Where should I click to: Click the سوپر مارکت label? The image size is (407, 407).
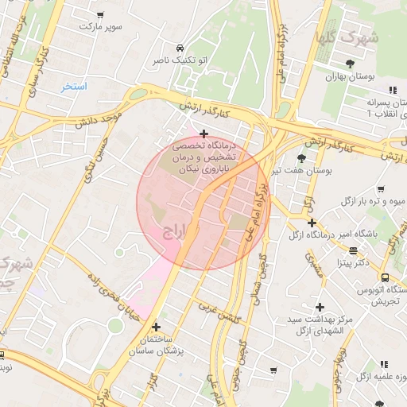[100, 26]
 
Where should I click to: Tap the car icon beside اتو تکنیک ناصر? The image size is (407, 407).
[181, 48]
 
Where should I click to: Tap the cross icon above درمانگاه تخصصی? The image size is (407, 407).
[204, 133]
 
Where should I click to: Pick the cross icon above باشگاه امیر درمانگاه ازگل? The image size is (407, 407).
[312, 223]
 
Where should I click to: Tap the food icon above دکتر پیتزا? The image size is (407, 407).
[352, 250]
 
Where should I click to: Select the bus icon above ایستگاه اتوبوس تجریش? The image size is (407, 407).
[385, 277]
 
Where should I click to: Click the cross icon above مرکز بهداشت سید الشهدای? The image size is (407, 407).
[320, 307]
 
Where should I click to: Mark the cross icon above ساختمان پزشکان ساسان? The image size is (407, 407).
[156, 326]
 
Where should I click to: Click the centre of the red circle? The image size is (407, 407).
[203, 203]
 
